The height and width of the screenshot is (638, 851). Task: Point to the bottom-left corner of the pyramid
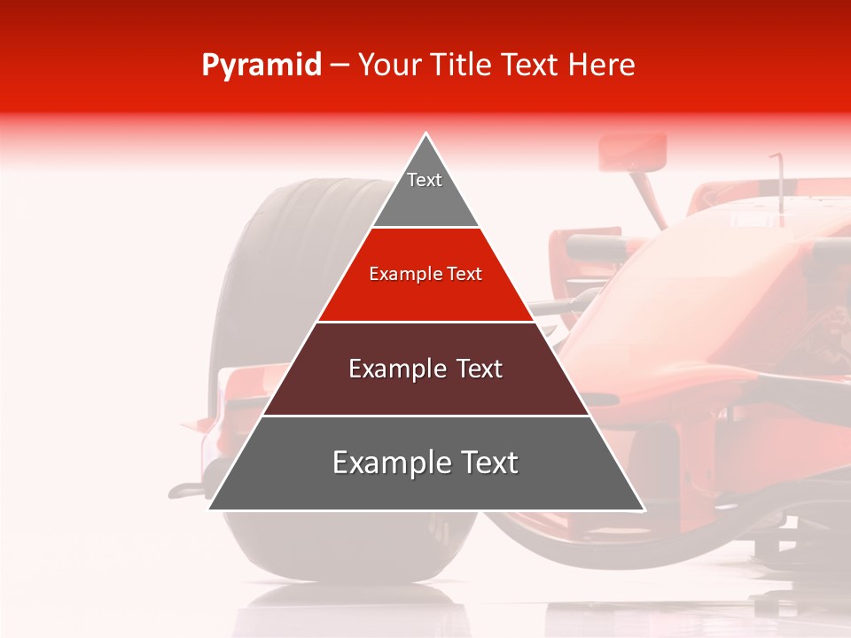coord(210,509)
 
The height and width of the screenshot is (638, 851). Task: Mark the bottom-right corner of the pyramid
coord(643,509)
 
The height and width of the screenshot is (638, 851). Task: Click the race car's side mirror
coord(632,152)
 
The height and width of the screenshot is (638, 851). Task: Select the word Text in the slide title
coord(532,65)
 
